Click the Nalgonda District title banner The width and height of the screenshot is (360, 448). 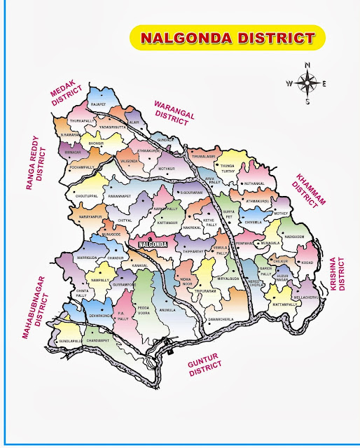click(227, 37)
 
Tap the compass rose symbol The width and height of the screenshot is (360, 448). click(307, 83)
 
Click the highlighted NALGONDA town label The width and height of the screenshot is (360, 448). click(152, 244)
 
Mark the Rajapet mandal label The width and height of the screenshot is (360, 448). click(97, 104)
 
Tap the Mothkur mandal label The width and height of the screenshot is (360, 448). click(165, 169)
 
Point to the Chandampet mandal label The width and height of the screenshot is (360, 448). click(97, 340)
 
